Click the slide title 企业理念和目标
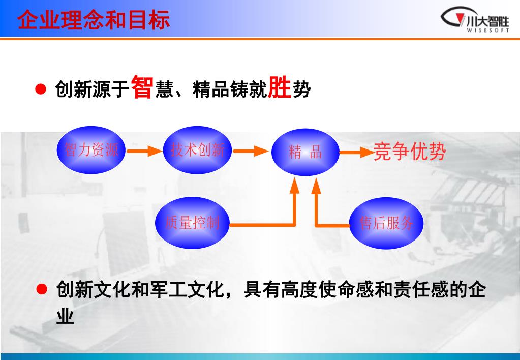coord(94,21)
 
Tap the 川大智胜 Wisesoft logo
coord(475,20)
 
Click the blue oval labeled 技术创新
coord(197,150)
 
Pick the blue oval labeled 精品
coord(305,152)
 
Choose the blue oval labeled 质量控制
coord(192,222)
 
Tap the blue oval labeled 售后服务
coord(386,223)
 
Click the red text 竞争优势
coord(410,152)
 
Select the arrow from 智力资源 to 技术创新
coord(144,151)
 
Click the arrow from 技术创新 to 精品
coord(250,151)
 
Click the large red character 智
coord(142,87)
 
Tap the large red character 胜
coord(279,87)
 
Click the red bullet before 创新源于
coord(41,90)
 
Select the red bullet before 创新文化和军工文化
coord(42,290)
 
